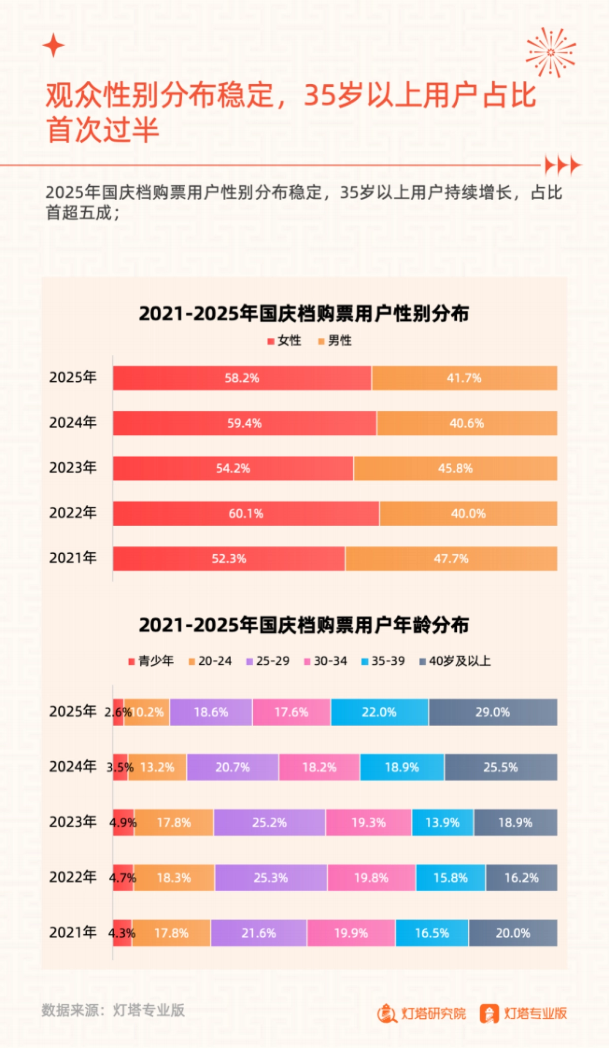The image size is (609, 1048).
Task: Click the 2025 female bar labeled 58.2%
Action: pyautogui.click(x=242, y=378)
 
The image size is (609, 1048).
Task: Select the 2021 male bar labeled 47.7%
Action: pyautogui.click(x=451, y=559)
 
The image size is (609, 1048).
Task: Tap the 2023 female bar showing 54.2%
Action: pyautogui.click(x=233, y=468)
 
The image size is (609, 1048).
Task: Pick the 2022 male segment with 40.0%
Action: pyautogui.click(x=468, y=514)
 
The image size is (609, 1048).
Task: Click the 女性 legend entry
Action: pyautogui.click(x=285, y=341)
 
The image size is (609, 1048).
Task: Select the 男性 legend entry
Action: pyautogui.click(x=335, y=341)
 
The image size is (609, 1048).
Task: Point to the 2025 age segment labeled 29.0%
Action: pyautogui.click(x=492, y=712)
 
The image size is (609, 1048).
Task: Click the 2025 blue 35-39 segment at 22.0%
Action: pyautogui.click(x=379, y=712)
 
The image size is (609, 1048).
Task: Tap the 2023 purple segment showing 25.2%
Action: pyautogui.click(x=269, y=822)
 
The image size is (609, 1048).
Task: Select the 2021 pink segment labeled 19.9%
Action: pyautogui.click(x=351, y=933)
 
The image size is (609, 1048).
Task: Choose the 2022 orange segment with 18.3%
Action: pyautogui.click(x=174, y=877)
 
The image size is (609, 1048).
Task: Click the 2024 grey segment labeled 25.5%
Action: pyautogui.click(x=500, y=767)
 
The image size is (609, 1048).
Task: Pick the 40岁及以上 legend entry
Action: pyautogui.click(x=455, y=661)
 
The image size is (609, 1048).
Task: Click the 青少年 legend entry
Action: pyautogui.click(x=151, y=661)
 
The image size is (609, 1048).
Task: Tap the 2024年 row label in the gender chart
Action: pyautogui.click(x=73, y=422)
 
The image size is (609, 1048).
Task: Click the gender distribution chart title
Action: pyautogui.click(x=303, y=314)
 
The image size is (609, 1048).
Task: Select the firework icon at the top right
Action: pyautogui.click(x=551, y=52)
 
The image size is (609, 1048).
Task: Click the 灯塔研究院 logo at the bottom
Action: pyautogui.click(x=422, y=1013)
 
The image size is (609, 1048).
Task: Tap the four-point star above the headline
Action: pyautogui.click(x=53, y=46)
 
